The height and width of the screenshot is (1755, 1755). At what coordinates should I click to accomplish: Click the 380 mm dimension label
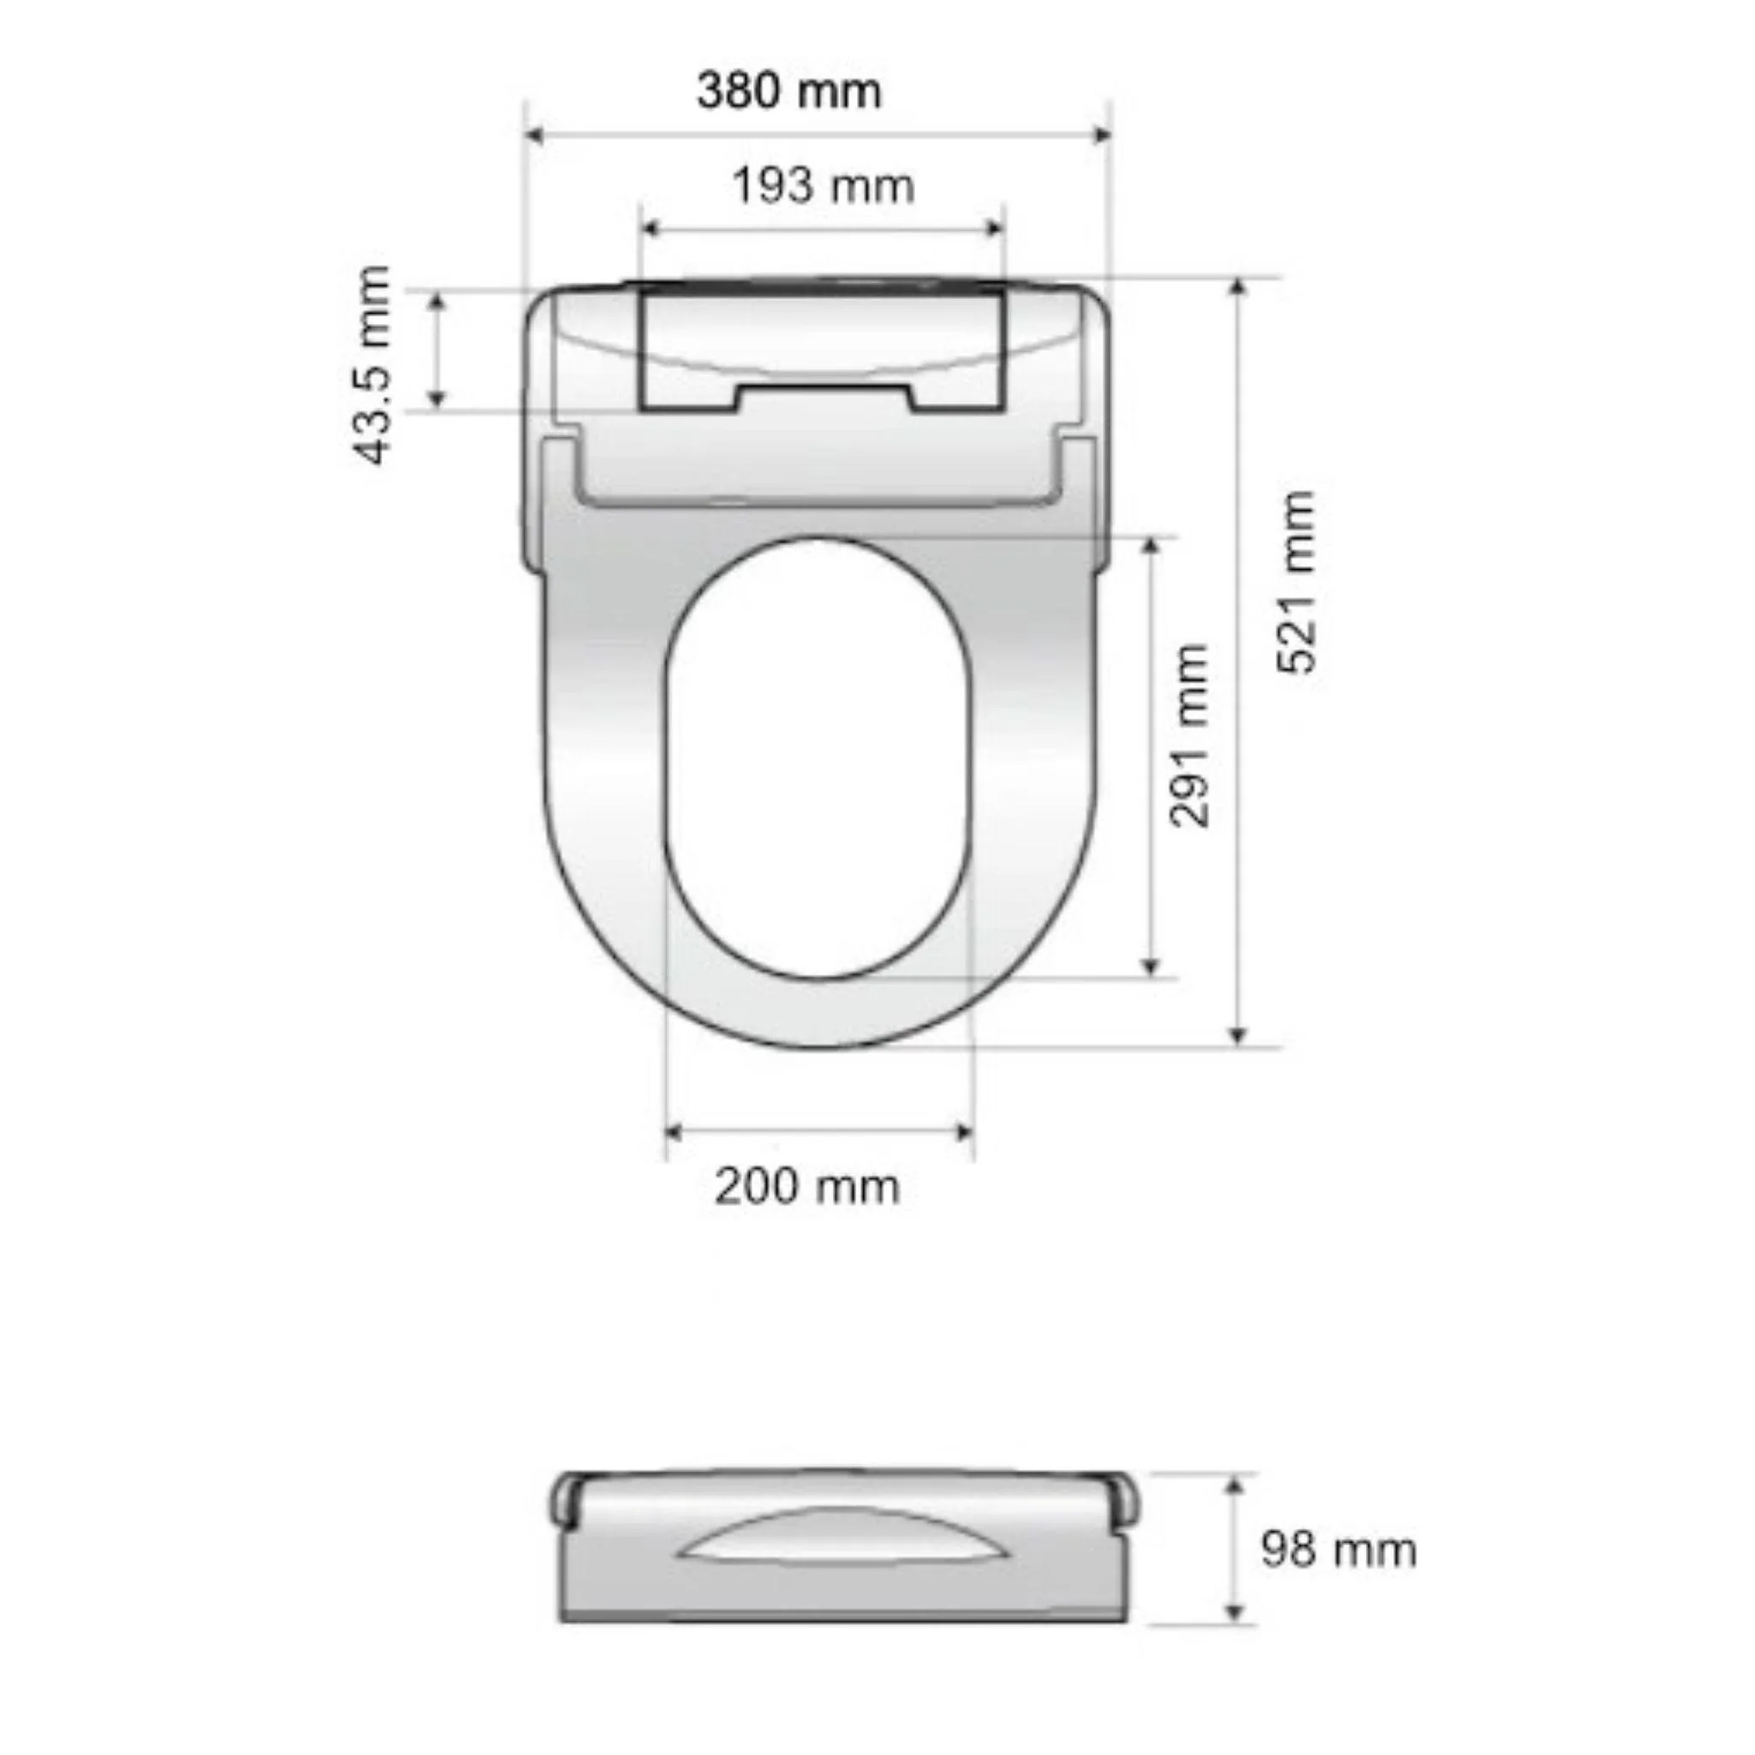coord(788,92)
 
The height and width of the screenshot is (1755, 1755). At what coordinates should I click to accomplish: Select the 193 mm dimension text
coord(823,187)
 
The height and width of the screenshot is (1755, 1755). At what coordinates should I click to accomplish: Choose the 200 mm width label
coord(806,1187)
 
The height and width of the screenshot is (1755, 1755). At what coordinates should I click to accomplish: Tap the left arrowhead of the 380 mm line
coord(535,135)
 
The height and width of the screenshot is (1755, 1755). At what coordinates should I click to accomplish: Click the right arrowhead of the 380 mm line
coord(1103,135)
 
